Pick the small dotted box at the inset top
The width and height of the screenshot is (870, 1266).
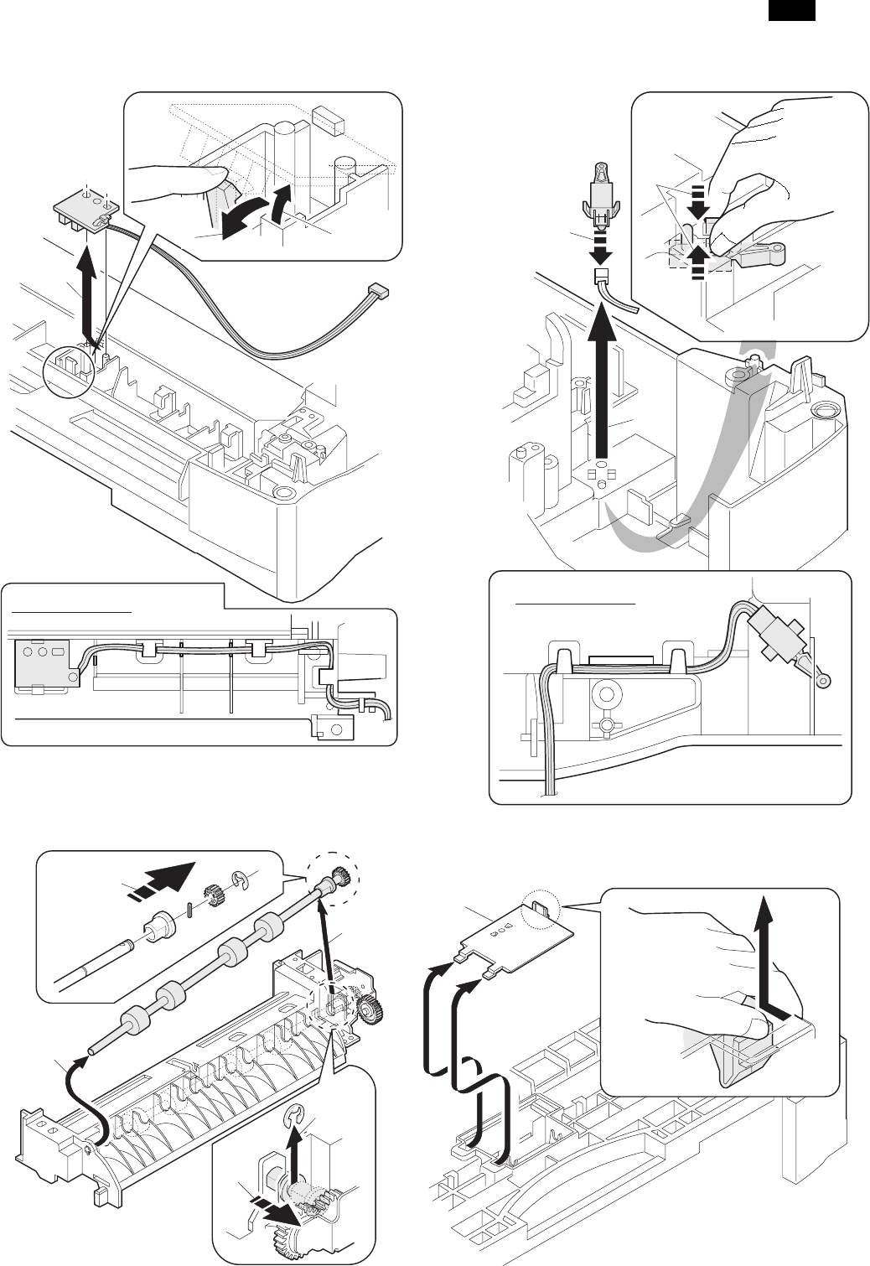(327, 119)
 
